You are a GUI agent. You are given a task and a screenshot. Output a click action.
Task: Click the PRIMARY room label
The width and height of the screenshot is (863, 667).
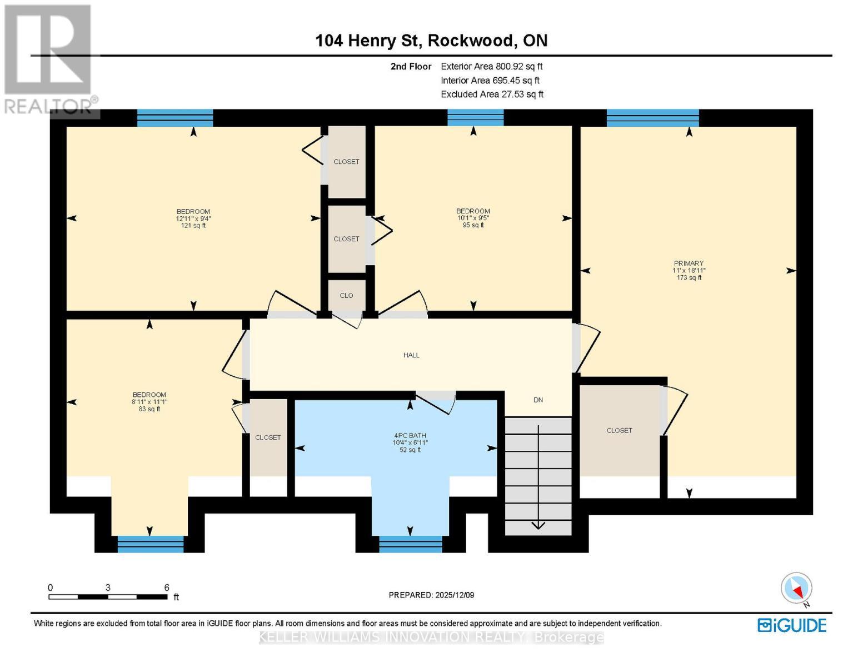tap(689, 263)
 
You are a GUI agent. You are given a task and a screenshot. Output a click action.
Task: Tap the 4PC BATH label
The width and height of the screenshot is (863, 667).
tap(410, 436)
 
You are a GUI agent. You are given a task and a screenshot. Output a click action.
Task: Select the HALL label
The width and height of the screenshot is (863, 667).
tap(411, 355)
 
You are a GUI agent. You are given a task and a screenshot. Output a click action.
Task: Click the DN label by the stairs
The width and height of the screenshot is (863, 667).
tap(538, 400)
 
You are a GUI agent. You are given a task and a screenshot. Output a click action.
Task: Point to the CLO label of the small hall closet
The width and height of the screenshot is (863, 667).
tap(346, 296)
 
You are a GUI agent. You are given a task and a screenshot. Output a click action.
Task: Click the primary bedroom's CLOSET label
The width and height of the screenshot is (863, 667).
tap(619, 431)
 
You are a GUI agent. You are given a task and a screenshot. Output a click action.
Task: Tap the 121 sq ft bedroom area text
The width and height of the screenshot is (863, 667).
tap(193, 226)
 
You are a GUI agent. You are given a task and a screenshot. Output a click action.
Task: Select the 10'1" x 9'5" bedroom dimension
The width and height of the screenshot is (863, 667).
tap(473, 218)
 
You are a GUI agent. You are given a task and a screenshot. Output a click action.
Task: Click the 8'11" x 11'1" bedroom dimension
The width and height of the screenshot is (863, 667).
tap(149, 402)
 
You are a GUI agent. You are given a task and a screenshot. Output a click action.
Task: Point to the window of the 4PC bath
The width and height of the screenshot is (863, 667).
tap(410, 544)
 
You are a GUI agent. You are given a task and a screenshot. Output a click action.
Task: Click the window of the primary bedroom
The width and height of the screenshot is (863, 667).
tap(652, 118)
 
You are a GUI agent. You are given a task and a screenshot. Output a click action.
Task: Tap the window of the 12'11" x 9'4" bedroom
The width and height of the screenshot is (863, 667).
tap(175, 118)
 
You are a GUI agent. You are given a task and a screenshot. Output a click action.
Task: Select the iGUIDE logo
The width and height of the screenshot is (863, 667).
tap(792, 625)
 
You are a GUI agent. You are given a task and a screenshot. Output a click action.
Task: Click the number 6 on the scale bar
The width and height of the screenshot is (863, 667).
tap(166, 588)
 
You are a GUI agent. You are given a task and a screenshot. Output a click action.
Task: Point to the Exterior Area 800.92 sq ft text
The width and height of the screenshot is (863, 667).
tap(491, 67)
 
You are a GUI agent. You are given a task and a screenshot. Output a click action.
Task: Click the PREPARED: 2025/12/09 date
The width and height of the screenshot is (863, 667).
tap(431, 595)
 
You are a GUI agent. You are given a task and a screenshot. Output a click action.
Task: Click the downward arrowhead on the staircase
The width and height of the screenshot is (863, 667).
tap(538, 526)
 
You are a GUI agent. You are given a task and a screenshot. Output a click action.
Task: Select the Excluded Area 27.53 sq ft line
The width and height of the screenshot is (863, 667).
tap(492, 94)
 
